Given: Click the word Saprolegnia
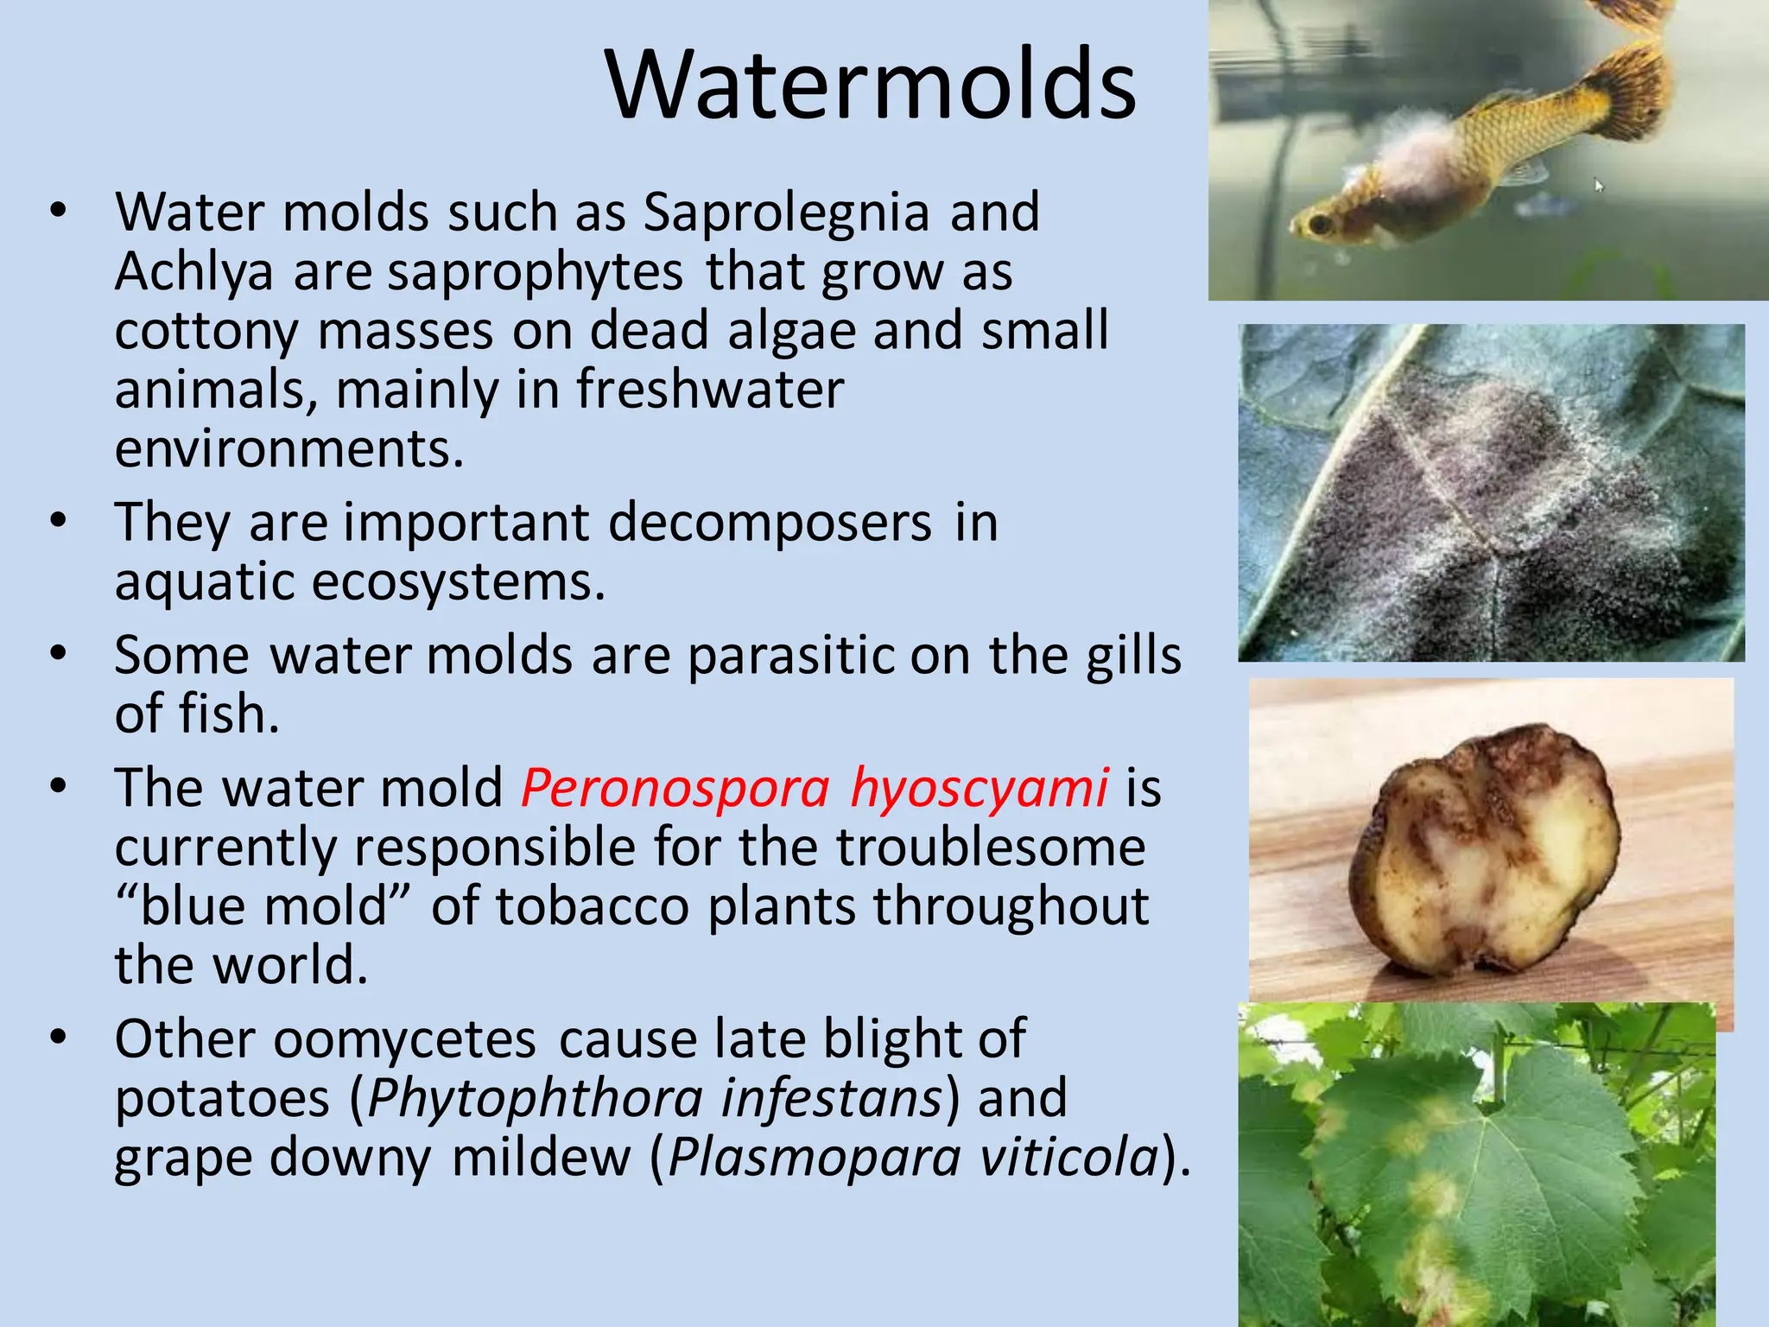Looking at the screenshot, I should (786, 213).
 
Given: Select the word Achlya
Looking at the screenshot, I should (193, 272).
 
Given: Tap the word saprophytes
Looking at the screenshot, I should (536, 274).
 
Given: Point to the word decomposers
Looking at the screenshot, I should (770, 524).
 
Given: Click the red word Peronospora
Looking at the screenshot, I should (675, 789).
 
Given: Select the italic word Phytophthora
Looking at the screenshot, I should (536, 1099).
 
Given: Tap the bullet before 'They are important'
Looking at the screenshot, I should (58, 521).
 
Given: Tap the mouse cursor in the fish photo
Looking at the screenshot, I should (1599, 185).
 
